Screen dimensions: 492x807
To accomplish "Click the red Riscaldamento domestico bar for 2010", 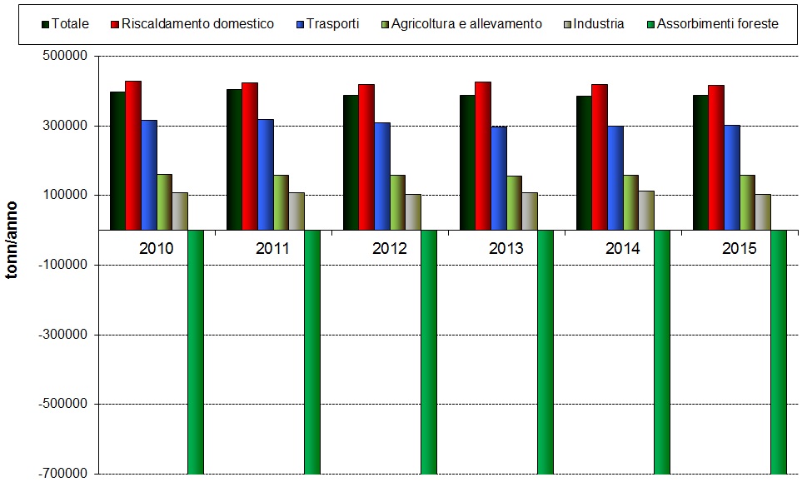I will click(x=133, y=155).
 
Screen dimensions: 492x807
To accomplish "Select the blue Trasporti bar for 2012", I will click(x=381, y=176).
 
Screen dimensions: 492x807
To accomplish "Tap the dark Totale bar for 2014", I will click(x=583, y=162).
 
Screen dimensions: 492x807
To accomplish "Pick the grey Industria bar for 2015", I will click(x=763, y=211).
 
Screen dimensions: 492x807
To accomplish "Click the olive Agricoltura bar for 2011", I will click(x=281, y=201).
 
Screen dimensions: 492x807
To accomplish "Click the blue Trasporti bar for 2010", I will click(x=148, y=175).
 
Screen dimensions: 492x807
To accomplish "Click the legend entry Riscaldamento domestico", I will click(x=197, y=24).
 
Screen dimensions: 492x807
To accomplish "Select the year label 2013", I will click(x=506, y=249).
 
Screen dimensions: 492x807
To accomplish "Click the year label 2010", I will click(x=156, y=249).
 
